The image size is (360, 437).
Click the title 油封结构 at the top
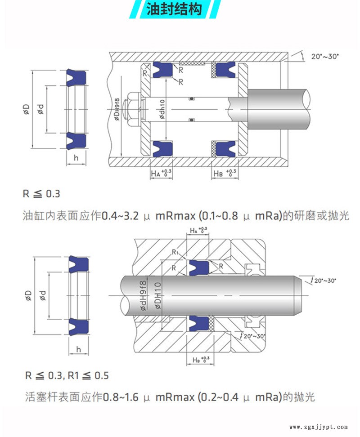pyautogui.click(x=174, y=9)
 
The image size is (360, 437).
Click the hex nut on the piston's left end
pyautogui.click(x=133, y=109)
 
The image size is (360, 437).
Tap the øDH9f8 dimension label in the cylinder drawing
pyautogui.click(x=117, y=109)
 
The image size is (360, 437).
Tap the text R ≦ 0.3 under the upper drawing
pyautogui.click(x=41, y=194)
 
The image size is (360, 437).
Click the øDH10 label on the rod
pyautogui.click(x=157, y=294)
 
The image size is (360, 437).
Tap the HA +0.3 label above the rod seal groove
pyautogui.click(x=198, y=231)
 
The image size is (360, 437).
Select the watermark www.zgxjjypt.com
pyautogui.click(x=318, y=427)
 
